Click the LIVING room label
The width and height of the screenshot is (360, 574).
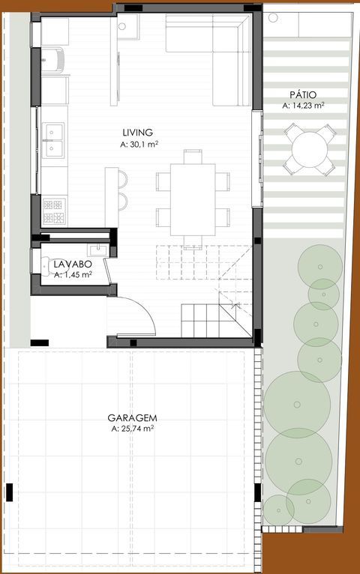[138, 132]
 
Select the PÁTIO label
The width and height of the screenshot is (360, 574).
[303, 94]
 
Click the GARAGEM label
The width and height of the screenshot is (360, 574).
[132, 417]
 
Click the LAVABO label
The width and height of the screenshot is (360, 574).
[73, 264]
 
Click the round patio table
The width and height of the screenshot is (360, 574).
[310, 149]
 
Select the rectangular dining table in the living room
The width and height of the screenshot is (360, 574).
[193, 199]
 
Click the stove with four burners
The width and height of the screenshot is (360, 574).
[54, 211]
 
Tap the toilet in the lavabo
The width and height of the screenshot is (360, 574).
[45, 266]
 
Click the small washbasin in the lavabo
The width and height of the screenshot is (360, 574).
[97, 250]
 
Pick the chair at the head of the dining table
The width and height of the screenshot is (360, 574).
[193, 157]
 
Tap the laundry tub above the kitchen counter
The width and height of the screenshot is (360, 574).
[52, 60]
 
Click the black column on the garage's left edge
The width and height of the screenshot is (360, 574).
[10, 492]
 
